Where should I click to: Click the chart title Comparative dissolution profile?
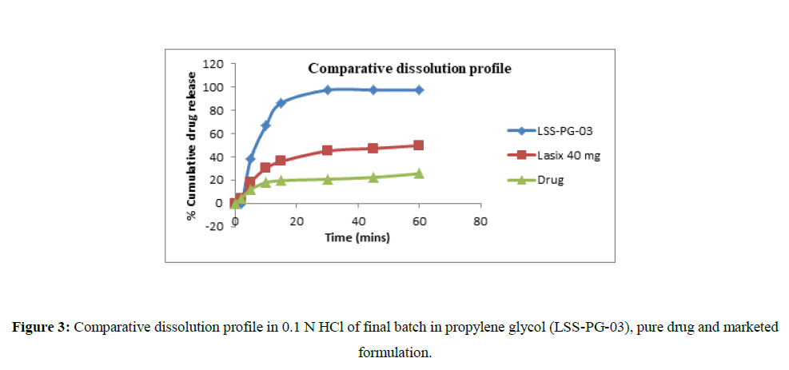[409, 69]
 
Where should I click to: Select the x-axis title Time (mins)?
[357, 237]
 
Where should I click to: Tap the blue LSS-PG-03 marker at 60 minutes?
[419, 90]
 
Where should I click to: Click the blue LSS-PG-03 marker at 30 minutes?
[327, 90]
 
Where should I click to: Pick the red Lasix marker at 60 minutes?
[419, 145]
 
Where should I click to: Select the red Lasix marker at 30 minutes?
[327, 150]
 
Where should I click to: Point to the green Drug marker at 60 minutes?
[419, 173]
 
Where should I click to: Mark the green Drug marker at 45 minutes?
[373, 177]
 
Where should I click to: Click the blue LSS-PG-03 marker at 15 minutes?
[281, 103]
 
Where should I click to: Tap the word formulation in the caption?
[394, 352]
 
